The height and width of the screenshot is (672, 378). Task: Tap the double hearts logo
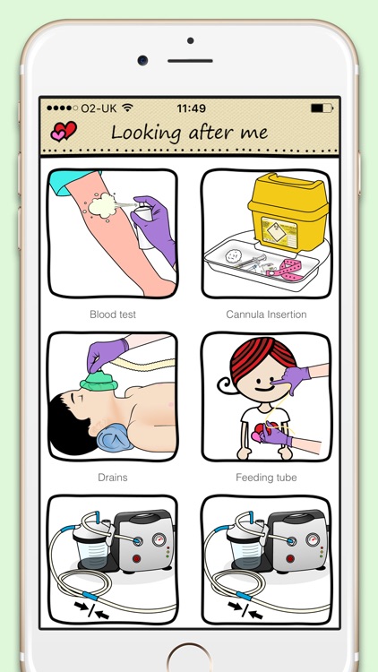coord(64,131)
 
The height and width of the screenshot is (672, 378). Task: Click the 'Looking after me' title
coord(189,132)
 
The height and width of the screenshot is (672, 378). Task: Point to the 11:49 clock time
coord(191,108)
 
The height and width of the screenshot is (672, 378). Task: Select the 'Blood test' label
coord(113,314)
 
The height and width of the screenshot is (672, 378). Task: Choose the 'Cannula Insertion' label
coord(266,314)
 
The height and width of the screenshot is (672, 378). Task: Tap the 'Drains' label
coord(113,478)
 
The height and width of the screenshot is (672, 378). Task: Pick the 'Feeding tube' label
coord(266,478)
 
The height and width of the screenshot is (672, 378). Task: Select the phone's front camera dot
coord(142,60)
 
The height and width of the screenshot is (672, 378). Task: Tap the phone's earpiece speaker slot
coord(190,60)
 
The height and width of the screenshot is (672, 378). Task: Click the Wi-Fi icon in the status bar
coord(127,108)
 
